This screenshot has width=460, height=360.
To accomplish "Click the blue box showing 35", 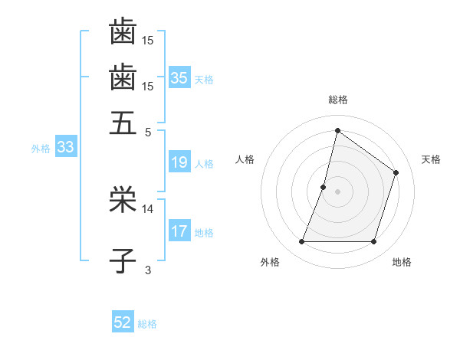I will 179,78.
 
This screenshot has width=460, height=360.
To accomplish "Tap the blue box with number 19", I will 179,162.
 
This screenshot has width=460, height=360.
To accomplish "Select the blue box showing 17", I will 179,231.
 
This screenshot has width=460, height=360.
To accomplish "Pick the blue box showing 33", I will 65,148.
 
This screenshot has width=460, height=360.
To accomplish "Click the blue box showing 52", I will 123,322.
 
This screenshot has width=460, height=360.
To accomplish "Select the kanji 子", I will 123,260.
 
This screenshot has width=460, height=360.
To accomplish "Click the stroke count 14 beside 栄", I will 148,208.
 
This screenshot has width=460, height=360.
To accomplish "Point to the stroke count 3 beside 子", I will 148,270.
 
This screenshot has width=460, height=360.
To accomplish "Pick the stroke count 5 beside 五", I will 148,131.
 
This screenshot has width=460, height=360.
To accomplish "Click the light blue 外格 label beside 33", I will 40,149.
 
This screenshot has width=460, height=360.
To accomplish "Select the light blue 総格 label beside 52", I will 147,324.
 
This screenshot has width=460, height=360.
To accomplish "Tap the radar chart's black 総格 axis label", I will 338,100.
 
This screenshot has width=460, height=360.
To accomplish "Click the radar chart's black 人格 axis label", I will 245,159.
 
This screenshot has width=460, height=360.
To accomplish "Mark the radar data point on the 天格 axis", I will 396,172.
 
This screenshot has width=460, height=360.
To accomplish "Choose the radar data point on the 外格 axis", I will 301,242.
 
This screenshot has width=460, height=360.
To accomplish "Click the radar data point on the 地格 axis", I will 374,242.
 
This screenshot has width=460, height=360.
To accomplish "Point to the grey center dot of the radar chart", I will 338,191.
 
